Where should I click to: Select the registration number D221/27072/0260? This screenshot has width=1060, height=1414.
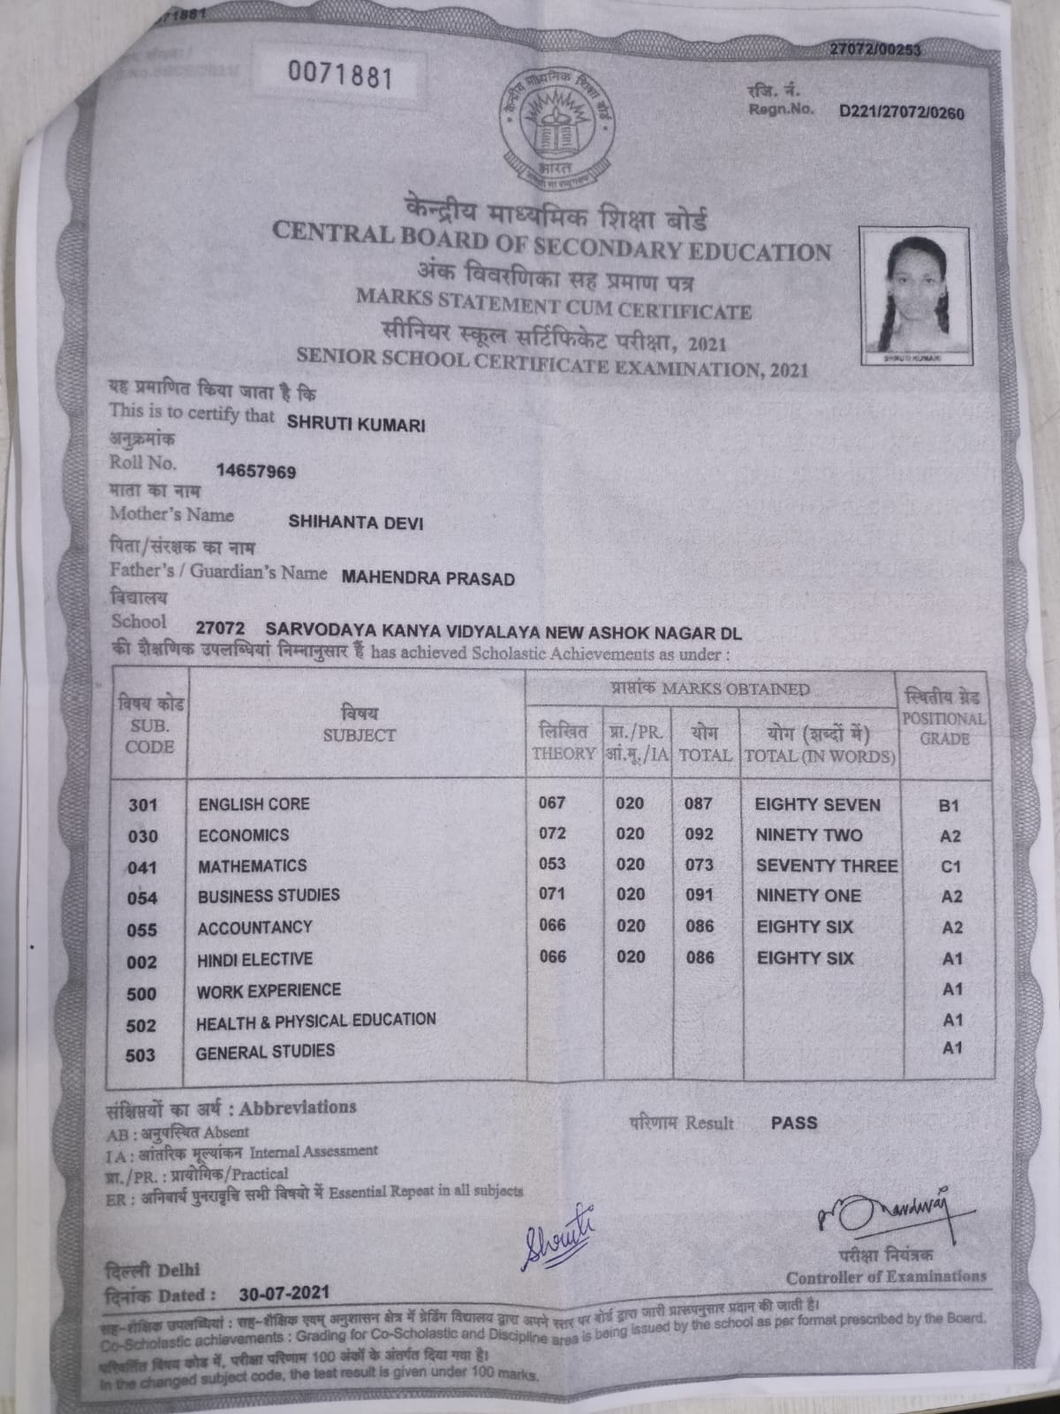[902, 113]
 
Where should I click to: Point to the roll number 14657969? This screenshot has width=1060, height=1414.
[256, 472]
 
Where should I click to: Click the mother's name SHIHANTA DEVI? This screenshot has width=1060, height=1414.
[356, 522]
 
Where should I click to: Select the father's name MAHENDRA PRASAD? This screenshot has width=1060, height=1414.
[428, 579]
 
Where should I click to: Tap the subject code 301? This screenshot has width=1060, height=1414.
[142, 805]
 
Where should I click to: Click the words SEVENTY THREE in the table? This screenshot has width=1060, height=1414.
[826, 866]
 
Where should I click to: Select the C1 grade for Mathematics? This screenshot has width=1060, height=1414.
[950, 867]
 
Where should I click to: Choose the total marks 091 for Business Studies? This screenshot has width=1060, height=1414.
[699, 895]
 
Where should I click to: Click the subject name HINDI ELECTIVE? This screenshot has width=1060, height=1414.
[255, 959]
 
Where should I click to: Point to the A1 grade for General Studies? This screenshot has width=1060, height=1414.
[951, 1049]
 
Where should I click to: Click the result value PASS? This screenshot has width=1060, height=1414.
[794, 1123]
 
